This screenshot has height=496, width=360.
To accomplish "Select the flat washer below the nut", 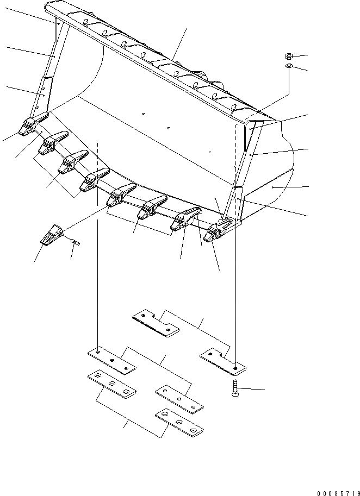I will (x=289, y=66).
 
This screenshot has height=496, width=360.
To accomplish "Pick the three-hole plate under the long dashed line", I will (x=111, y=360).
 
